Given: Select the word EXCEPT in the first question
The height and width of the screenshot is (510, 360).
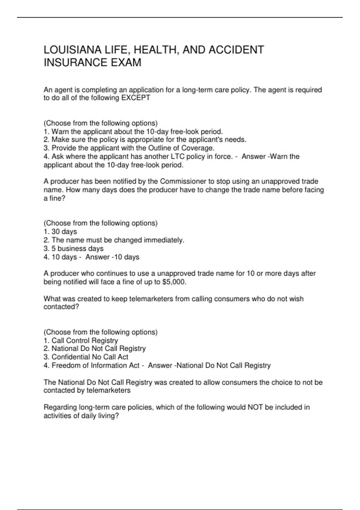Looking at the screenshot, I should click(x=136, y=98).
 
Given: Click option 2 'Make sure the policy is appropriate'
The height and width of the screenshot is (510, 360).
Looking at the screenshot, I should click(x=145, y=139).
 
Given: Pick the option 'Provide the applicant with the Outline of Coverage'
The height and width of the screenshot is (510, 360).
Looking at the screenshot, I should click(x=129, y=148).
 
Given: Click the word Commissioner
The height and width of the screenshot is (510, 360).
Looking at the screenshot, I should click(x=183, y=181).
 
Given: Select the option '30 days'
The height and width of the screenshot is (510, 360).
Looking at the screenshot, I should click(x=60, y=232).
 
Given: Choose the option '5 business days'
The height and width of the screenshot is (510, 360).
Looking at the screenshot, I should click(x=73, y=248).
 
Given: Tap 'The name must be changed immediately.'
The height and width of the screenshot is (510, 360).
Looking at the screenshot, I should click(x=114, y=240).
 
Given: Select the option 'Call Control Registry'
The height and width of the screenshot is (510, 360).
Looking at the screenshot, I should click(x=81, y=340).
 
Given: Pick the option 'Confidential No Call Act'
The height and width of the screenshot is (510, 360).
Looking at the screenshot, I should click(x=86, y=357).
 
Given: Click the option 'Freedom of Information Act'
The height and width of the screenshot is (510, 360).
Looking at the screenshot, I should click(x=92, y=365).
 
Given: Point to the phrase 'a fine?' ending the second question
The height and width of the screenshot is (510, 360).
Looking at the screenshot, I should click(x=54, y=198).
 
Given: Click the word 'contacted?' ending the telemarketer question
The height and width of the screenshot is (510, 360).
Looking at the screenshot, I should click(x=61, y=307).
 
